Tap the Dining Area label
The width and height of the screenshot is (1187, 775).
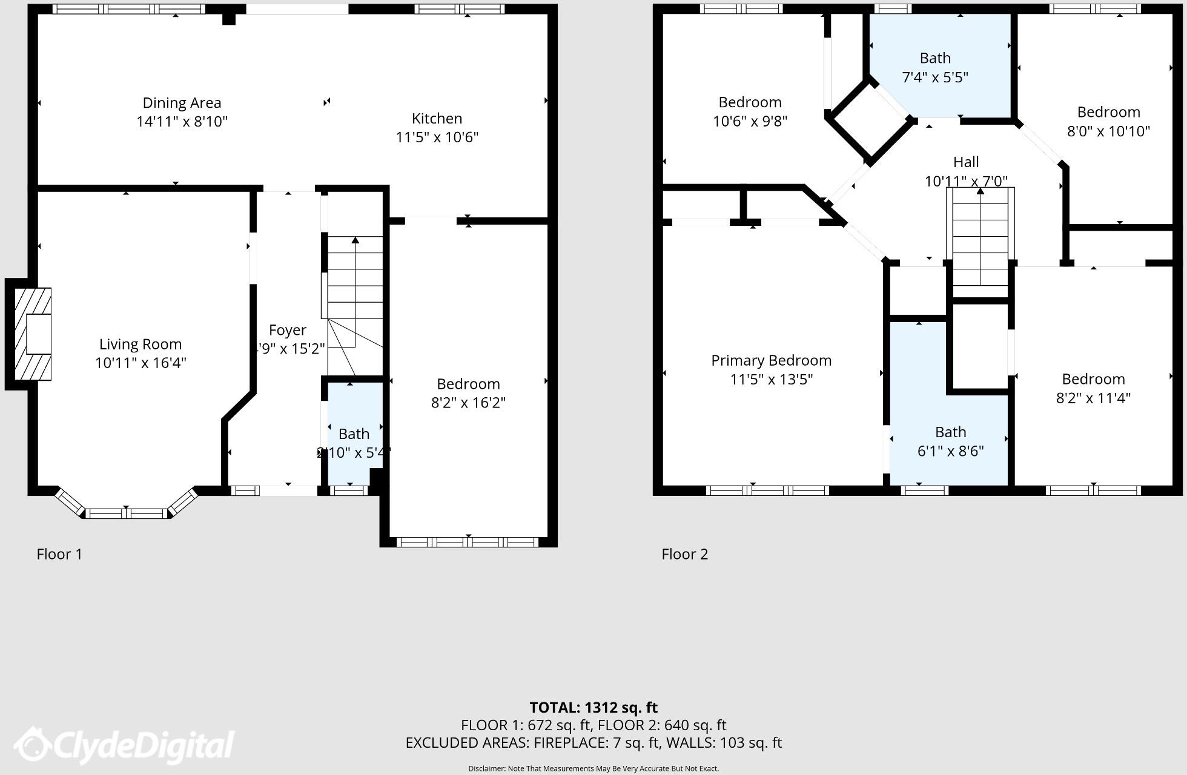click(182, 103)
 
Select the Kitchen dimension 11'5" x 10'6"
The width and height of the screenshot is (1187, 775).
click(437, 137)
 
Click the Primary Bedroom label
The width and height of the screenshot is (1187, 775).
click(771, 361)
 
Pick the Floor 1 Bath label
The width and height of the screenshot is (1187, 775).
click(354, 434)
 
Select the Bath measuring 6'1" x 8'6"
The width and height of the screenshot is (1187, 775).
click(950, 441)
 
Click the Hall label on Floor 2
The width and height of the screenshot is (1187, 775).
click(966, 162)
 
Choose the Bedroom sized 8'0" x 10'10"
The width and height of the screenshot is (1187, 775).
click(1108, 121)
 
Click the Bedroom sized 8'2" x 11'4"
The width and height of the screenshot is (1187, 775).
click(1093, 388)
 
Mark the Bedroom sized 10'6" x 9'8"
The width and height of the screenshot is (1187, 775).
click(750, 111)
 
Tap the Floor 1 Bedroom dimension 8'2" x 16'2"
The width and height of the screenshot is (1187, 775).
click(468, 403)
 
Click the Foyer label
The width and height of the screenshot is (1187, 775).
click(288, 330)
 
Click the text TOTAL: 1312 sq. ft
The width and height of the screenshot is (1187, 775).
click(593, 707)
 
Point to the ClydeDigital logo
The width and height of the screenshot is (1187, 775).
click(124, 745)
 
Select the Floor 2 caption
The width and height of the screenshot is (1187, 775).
click(684, 554)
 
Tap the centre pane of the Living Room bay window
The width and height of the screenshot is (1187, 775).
click(126, 513)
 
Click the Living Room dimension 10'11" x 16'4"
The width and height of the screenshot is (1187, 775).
click(141, 363)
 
